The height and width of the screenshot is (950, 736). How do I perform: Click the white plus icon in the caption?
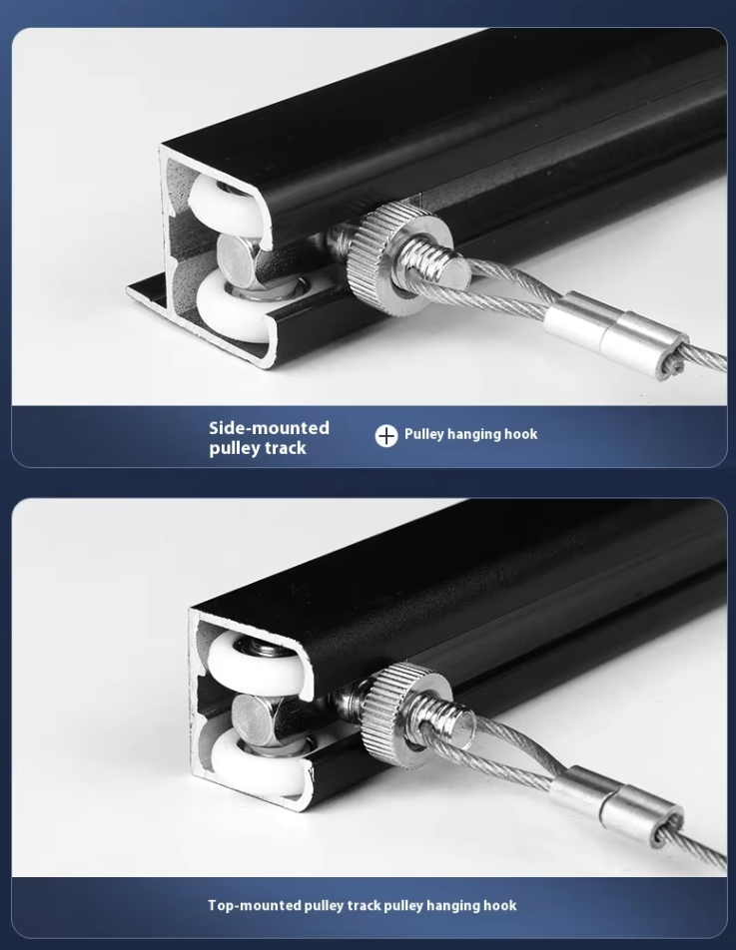coord(386,435)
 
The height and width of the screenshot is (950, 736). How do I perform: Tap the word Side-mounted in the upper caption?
coord(270,428)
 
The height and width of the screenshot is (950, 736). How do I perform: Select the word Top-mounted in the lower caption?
coord(255,905)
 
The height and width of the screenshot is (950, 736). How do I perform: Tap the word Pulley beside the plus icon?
coord(423,434)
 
